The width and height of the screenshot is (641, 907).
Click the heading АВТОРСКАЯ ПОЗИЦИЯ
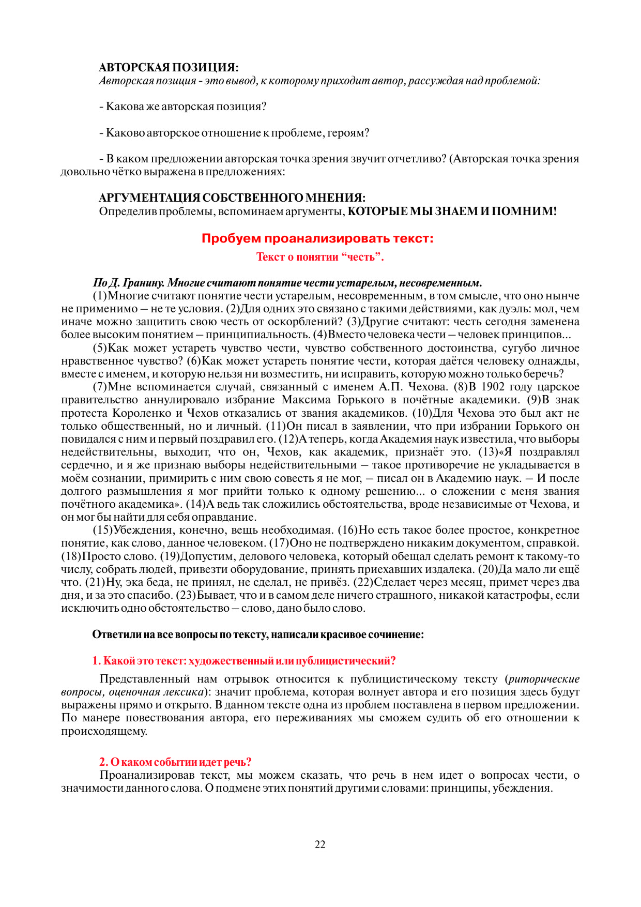(x=169, y=68)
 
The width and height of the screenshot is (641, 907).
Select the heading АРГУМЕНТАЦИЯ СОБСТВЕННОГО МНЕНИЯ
(x=232, y=198)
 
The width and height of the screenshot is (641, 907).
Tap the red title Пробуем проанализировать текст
(x=317, y=238)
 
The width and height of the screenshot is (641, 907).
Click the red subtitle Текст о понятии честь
(x=320, y=257)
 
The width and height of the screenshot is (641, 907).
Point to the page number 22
(x=320, y=844)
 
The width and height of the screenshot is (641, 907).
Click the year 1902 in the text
(x=493, y=387)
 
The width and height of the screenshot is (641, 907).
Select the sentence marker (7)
(x=100, y=387)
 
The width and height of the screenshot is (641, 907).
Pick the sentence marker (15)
(x=102, y=530)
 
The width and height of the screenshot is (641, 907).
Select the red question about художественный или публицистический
(x=244, y=661)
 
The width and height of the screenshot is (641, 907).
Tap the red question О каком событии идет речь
(x=175, y=762)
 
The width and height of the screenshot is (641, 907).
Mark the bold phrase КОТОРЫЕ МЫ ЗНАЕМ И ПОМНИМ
(x=452, y=211)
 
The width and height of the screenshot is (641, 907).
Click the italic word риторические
(x=544, y=679)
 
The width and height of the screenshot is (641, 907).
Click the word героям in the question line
(x=349, y=133)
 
